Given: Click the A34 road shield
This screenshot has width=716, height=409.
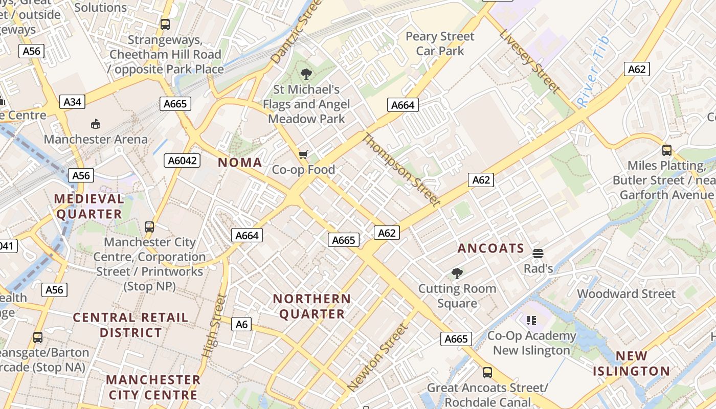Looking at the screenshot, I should tap(72, 102).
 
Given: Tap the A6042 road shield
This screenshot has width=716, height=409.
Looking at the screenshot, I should tap(183, 161).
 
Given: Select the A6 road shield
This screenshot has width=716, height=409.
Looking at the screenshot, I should tap(242, 324).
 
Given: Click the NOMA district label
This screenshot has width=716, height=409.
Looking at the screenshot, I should tap(240, 163).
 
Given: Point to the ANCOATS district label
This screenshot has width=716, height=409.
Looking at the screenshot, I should tap(491, 248).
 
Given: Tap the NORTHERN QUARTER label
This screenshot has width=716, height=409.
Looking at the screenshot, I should tap(312, 306).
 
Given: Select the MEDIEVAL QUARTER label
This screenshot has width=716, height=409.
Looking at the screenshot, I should tap(89, 207).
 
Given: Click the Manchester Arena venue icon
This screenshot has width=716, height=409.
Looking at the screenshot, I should tap(96, 124).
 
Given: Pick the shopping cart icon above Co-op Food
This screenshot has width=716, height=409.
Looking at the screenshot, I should tap(303, 154).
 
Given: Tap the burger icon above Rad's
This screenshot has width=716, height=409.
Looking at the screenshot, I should tap(538, 254).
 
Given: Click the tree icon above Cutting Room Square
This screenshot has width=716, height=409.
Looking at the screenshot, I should tap(457, 274).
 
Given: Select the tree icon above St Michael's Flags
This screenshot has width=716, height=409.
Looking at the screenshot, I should tap(306, 75).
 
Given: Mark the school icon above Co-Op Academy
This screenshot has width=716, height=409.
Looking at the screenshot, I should tap(531, 321).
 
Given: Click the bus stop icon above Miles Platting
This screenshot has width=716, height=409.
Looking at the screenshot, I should tap(666, 150).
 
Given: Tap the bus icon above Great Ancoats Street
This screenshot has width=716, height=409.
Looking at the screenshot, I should tap(487, 372).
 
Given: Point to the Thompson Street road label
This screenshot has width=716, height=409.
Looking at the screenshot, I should tap(401, 170).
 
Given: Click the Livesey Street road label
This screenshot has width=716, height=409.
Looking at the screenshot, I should tap(529, 61).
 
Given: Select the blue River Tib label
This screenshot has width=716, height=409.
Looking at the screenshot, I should tap(594, 72).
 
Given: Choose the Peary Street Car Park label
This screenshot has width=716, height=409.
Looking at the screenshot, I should tap(440, 43).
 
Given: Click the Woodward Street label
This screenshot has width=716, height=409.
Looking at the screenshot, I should tap(626, 294).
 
